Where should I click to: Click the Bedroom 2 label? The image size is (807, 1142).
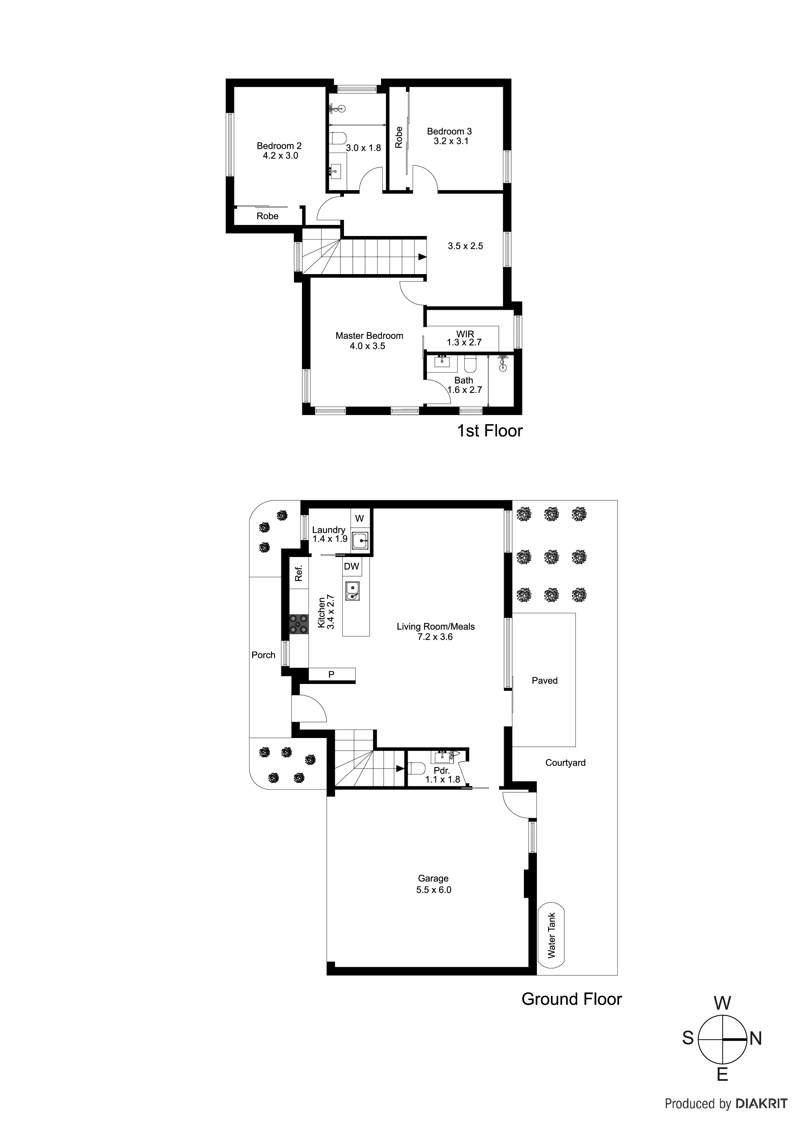tap(279, 146)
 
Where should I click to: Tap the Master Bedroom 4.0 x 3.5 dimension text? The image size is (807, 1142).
tap(367, 346)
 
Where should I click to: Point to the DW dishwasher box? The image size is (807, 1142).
tap(351, 566)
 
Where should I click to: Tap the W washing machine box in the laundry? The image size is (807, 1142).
tap(360, 518)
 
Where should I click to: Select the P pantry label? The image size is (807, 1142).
tap(331, 675)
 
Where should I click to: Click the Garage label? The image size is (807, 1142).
tap(433, 878)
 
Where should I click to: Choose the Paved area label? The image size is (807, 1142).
tap(544, 680)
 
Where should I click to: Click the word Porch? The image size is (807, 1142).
tap(263, 655)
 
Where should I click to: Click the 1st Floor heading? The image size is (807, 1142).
tap(490, 431)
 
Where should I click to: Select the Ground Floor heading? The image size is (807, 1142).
tap(571, 999)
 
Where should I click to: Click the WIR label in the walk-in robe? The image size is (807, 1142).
tap(465, 334)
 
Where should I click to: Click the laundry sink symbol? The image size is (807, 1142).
tap(360, 540)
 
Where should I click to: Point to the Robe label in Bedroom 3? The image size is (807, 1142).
tap(399, 137)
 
